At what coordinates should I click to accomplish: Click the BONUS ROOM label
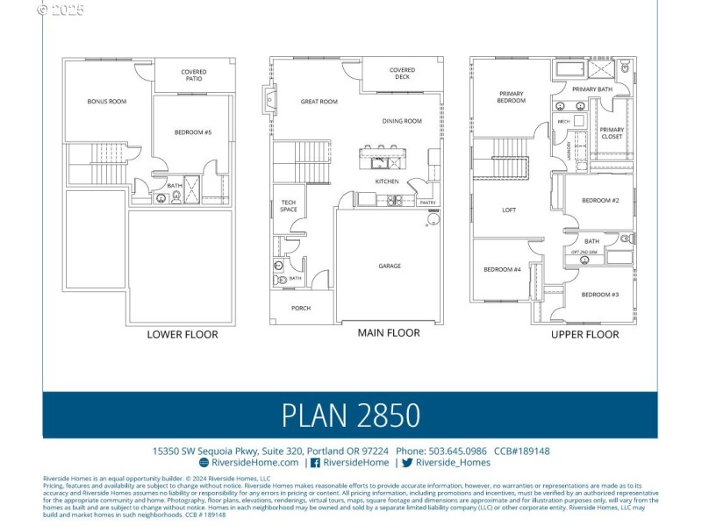click(106, 102)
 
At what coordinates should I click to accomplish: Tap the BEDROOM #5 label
click(192, 132)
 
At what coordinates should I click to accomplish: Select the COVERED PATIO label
click(194, 75)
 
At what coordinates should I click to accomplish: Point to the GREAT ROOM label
click(319, 102)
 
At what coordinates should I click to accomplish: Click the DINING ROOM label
click(402, 121)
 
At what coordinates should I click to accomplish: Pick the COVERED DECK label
click(402, 74)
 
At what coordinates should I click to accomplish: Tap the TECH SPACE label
click(289, 207)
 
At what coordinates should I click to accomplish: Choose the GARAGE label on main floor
click(390, 266)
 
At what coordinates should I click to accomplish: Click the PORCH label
click(300, 308)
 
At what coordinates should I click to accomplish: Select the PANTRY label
click(427, 203)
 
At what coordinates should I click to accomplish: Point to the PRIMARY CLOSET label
click(612, 133)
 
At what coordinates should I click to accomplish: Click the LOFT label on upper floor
click(509, 210)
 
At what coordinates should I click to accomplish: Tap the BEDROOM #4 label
click(502, 269)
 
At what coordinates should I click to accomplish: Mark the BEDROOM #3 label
click(600, 295)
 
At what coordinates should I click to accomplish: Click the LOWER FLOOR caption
click(183, 334)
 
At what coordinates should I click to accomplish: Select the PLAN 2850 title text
click(350, 415)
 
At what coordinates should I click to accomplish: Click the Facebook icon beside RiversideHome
click(315, 462)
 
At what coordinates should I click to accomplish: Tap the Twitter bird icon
click(407, 462)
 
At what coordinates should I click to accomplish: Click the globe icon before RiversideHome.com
click(204, 462)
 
